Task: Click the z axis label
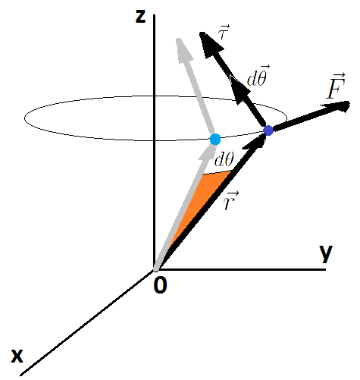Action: (x=140, y=17)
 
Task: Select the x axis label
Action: (x=17, y=356)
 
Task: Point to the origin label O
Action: (x=160, y=285)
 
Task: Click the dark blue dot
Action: (x=268, y=130)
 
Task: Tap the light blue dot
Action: (x=215, y=139)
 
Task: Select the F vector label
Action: (x=337, y=86)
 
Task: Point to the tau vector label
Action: (x=224, y=32)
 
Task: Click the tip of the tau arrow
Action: (x=200, y=33)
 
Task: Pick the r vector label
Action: (x=230, y=200)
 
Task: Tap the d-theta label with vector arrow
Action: (x=258, y=76)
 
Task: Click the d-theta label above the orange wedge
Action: (x=224, y=159)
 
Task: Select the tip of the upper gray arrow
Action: (x=178, y=39)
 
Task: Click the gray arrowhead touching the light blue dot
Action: (x=207, y=152)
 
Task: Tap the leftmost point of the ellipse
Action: (x=24, y=118)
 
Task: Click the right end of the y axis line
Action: (x=326, y=270)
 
